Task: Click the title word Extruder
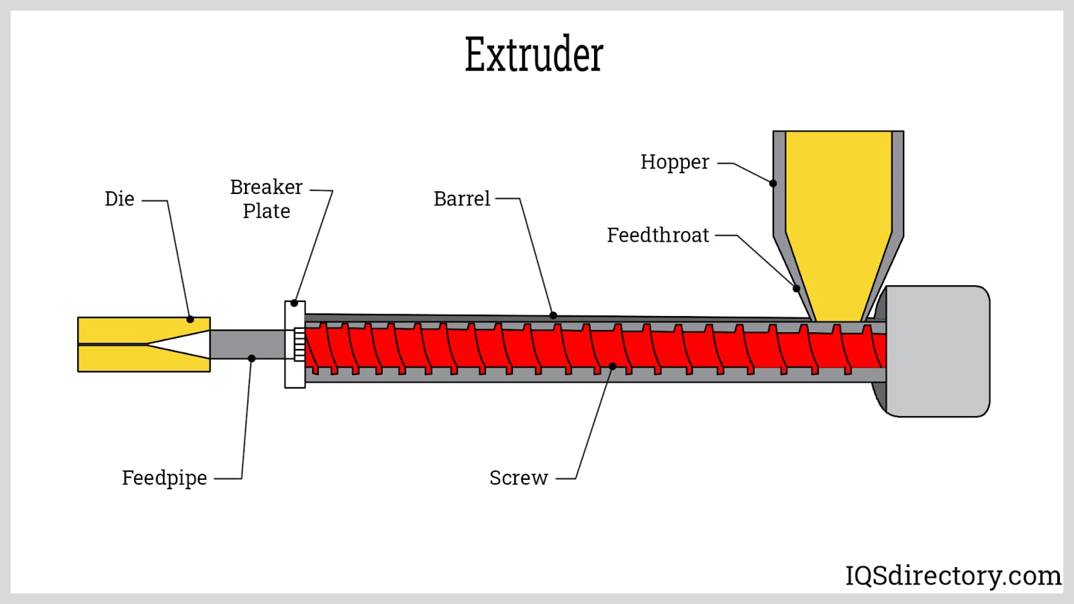pyautogui.click(x=534, y=54)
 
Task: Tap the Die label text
pyautogui.click(x=119, y=199)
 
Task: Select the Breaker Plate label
pyautogui.click(x=266, y=199)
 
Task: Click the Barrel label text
pyautogui.click(x=462, y=199)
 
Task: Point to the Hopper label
pyautogui.click(x=674, y=162)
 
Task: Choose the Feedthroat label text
pyautogui.click(x=658, y=236)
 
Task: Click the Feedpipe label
pyautogui.click(x=164, y=479)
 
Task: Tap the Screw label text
pyautogui.click(x=518, y=479)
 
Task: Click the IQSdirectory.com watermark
pyautogui.click(x=953, y=576)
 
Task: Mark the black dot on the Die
pyautogui.click(x=190, y=319)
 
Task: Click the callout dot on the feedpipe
pyautogui.click(x=252, y=358)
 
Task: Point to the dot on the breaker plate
pyautogui.click(x=294, y=303)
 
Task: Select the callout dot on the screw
pyautogui.click(x=612, y=366)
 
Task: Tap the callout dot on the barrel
pyautogui.click(x=553, y=315)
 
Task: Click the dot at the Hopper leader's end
pyautogui.click(x=773, y=183)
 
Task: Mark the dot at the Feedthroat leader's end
pyautogui.click(x=797, y=289)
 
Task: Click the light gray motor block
pyautogui.click(x=937, y=351)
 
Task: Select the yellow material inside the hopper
pyautogui.click(x=838, y=215)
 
